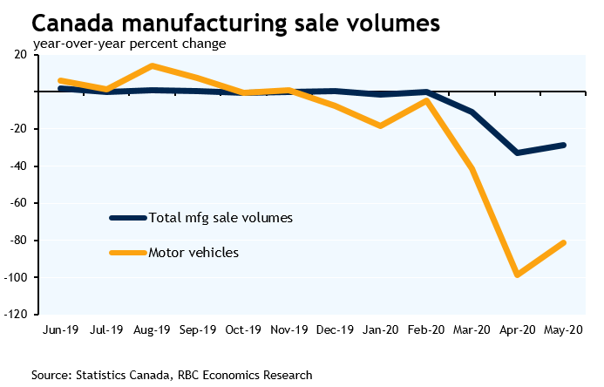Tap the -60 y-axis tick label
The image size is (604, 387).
pos(23,203)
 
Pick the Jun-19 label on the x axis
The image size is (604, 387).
pos(61,330)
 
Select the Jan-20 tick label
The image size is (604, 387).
pos(380,330)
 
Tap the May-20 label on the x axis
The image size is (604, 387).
pos(564,330)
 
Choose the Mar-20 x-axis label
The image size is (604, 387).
pos(472,330)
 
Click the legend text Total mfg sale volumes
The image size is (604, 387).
pos(221,217)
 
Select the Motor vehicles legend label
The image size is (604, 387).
pos(193,253)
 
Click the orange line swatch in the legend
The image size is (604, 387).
pos(127,253)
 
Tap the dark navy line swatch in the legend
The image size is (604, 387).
pos(127,217)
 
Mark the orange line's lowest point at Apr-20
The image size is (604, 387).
pos(518,275)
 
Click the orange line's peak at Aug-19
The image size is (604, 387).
pos(152,65)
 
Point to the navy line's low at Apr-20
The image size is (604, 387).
pos(518,153)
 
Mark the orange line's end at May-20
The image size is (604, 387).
pos(564,242)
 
